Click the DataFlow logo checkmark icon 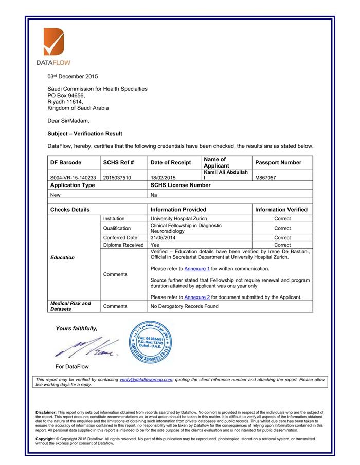(53, 42)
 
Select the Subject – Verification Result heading (85, 134)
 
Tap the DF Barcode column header (66, 163)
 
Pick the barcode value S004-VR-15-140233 (73, 178)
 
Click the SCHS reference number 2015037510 (117, 178)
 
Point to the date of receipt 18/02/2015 (164, 178)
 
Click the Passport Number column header (278, 163)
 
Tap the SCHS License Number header (181, 185)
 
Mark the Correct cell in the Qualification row (282, 228)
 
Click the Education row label (62, 257)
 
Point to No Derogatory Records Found (184, 306)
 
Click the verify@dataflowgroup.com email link (146, 380)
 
